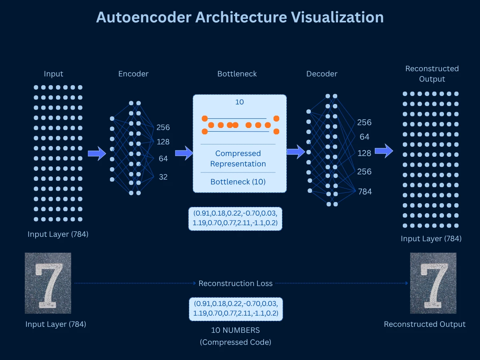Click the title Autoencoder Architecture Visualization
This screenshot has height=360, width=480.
pos(240,17)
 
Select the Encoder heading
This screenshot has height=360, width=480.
pos(133,74)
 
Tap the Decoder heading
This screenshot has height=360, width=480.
pos(322,74)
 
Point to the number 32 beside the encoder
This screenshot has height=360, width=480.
pos(163,177)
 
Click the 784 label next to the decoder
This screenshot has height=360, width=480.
pos(364,192)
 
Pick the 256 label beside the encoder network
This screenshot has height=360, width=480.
pos(163,128)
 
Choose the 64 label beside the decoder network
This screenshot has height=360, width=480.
pos(364,137)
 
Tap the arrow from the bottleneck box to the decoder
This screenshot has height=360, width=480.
pos(296,152)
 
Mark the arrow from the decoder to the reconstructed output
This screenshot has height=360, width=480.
pos(384,151)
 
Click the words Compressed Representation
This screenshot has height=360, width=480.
pos(238,159)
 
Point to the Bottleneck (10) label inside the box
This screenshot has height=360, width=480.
pos(238,182)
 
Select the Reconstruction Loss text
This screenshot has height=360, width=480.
pos(236,284)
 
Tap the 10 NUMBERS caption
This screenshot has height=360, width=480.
pos(236,330)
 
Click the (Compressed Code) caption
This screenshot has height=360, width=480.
pos(236,342)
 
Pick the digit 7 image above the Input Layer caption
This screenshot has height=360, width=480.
pos(48,283)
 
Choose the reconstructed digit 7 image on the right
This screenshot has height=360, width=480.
pos(433,283)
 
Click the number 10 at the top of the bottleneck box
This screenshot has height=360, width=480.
pos(239,102)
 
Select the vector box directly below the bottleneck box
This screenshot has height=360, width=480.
pos(235,218)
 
